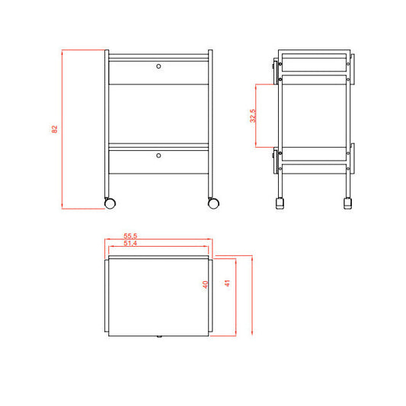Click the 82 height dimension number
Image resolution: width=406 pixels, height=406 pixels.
[54, 129]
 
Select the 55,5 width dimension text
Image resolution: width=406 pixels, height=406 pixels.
[130, 237]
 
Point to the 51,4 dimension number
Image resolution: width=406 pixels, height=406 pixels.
[130, 244]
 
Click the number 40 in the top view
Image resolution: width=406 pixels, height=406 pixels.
[205, 284]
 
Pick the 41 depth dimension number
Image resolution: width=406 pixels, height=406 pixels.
[226, 283]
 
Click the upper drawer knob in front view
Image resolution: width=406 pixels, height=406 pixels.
[158, 66]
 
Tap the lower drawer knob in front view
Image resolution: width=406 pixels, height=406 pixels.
[158, 155]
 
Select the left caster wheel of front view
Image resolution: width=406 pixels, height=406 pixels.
[110, 203]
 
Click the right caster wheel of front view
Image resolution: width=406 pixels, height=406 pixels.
[213, 203]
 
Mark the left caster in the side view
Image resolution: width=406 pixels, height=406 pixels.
[280, 204]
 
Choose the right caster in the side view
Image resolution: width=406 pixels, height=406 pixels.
[348, 204]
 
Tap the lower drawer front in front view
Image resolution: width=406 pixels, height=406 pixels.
[158, 161]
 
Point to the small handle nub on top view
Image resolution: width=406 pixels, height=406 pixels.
[158, 334]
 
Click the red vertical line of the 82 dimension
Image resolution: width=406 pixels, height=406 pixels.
[62, 129]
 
